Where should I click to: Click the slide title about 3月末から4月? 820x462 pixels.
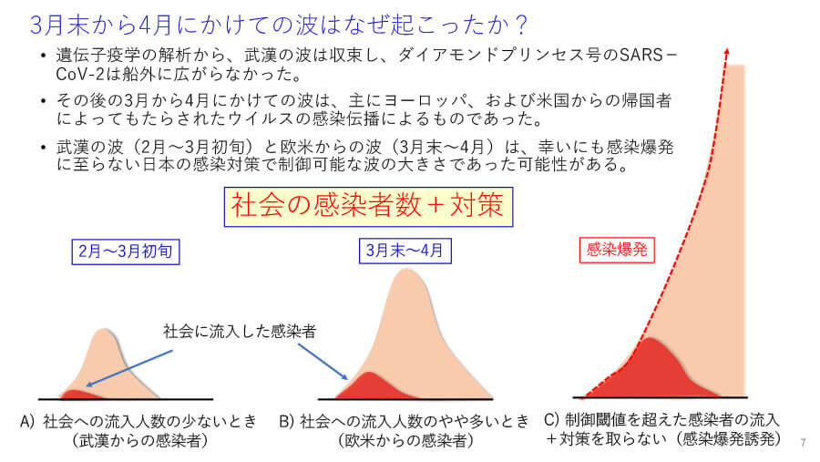tap(278, 25)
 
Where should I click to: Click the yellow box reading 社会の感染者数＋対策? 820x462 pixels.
tap(368, 207)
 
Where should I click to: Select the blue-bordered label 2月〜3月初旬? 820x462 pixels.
tap(126, 252)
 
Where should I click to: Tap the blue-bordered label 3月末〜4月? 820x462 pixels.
tap(405, 251)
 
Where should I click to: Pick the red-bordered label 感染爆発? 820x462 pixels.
tap(617, 250)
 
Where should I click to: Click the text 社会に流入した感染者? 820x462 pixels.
tap(240, 331)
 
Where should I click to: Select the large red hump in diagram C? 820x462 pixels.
tap(650, 369)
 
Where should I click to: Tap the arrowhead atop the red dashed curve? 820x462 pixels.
tap(726, 51)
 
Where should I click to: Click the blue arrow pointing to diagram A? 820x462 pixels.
tap(129, 368)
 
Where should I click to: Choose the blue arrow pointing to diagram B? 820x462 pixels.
tap(323, 362)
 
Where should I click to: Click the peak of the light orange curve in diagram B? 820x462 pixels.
tap(406, 270)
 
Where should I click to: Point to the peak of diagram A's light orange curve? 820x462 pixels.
tap(105, 330)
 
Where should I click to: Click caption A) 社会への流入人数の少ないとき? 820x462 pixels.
tap(138, 421)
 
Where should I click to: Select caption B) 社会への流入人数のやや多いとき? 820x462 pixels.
tap(405, 421)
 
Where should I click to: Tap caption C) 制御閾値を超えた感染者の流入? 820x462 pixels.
tap(662, 419)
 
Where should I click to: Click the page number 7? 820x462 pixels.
tap(804, 443)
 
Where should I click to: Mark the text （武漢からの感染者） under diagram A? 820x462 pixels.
tap(139, 440)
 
